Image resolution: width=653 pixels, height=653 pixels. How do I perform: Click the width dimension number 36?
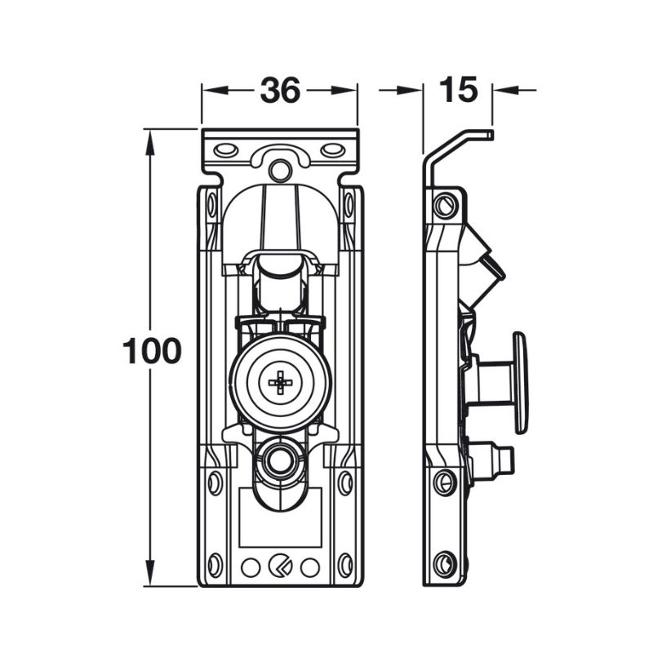pos(280,91)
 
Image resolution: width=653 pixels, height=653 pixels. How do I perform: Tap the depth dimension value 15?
pos(458,90)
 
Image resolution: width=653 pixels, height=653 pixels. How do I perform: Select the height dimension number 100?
pos(151,351)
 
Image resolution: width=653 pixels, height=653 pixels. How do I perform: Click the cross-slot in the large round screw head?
pos(280,381)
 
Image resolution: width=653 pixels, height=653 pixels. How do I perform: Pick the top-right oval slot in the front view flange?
pos(331,150)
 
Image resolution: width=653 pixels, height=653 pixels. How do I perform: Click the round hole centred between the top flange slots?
pos(280,170)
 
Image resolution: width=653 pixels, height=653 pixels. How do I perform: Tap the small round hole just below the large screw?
pos(280,462)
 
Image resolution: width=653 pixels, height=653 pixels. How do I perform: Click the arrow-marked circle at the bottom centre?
pos(280,566)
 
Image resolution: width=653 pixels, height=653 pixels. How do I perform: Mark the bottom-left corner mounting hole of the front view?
pos(215,564)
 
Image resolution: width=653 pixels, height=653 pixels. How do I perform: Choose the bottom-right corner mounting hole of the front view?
pos(344,564)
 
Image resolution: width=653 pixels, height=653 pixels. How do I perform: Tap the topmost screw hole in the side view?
pos(444,205)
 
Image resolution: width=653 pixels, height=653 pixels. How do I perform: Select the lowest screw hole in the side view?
pos(445,562)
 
